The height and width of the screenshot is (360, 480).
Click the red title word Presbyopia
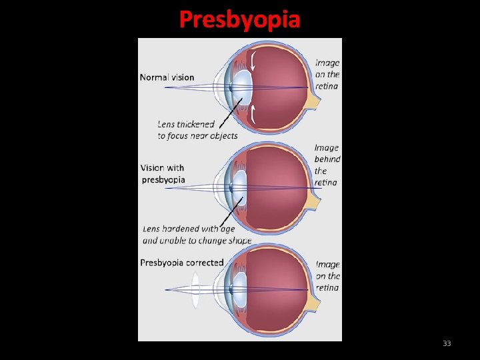click(x=239, y=19)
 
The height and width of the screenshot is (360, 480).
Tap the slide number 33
click(x=447, y=343)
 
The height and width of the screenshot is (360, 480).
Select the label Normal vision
click(x=167, y=77)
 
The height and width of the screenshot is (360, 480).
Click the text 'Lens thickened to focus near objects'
click(x=197, y=130)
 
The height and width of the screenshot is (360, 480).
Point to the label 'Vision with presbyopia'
click(x=163, y=173)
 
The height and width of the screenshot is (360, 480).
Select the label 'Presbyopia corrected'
click(x=181, y=263)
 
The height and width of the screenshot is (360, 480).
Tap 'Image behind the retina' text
click(x=327, y=165)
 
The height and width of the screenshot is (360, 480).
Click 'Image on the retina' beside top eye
click(x=327, y=75)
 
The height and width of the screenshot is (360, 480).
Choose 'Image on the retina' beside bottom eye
click(x=327, y=276)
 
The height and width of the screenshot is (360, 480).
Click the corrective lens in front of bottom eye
click(x=195, y=289)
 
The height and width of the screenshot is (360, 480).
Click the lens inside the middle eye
click(x=239, y=187)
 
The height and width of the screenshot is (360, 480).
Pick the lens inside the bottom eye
click(x=239, y=289)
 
